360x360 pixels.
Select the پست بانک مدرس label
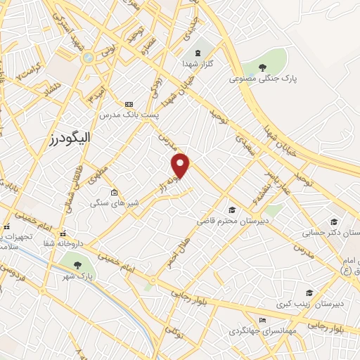[127, 114]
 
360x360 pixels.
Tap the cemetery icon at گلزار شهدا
[197, 53]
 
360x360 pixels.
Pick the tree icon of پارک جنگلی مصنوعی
[262, 68]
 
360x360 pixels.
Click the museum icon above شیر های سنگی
[114, 191]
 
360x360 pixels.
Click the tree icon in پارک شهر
[77, 264]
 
